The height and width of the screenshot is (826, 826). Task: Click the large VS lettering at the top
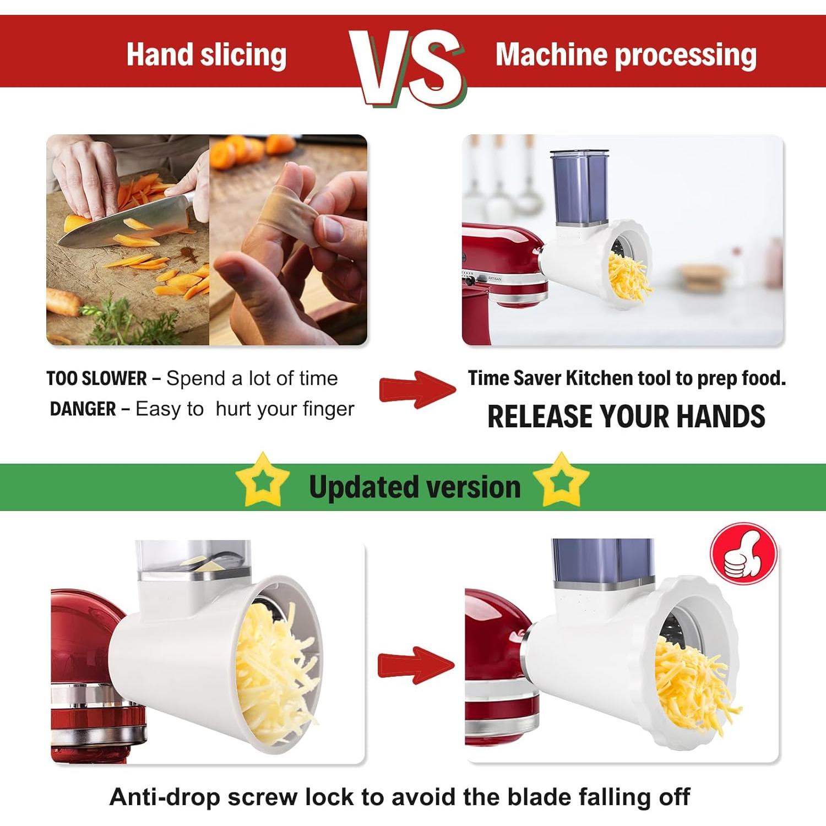click(x=408, y=66)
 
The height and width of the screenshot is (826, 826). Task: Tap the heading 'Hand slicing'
click(x=206, y=55)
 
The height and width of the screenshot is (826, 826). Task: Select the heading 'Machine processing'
click(x=626, y=55)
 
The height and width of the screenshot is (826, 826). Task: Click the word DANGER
click(x=83, y=409)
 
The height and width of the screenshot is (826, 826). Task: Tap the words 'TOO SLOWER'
click(x=96, y=379)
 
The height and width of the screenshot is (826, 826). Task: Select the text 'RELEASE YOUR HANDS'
click(x=626, y=416)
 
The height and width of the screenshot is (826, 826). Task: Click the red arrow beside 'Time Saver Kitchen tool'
click(x=417, y=389)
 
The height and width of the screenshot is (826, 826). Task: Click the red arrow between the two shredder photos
click(x=416, y=665)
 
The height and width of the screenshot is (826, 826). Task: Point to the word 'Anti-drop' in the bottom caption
click(x=165, y=797)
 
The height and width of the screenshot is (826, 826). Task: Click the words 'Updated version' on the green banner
click(x=415, y=487)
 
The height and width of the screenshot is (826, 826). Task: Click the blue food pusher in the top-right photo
click(x=580, y=187)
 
